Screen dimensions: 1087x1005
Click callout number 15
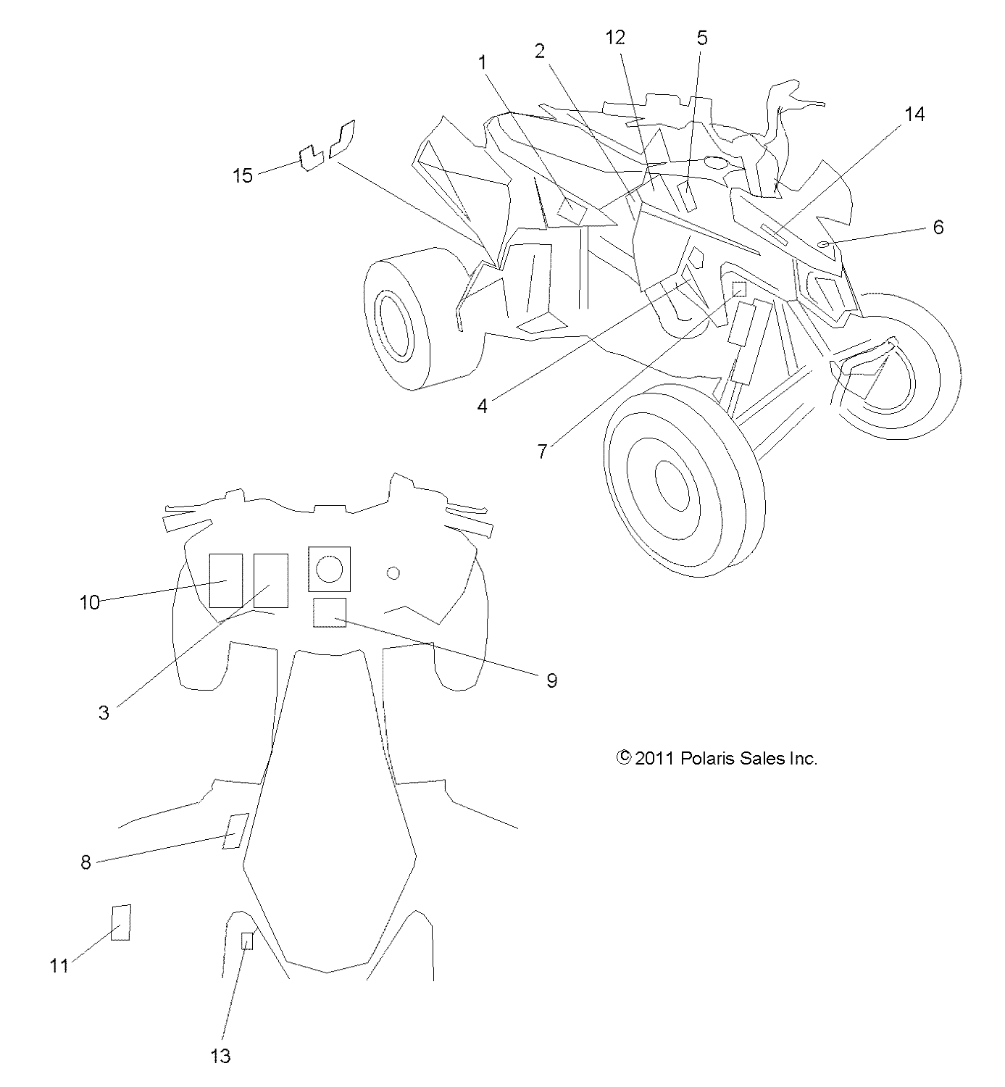point(243,175)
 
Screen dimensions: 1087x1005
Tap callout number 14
point(914,114)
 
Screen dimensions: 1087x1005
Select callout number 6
point(938,228)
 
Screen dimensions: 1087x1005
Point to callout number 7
point(542,451)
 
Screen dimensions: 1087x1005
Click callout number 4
point(483,406)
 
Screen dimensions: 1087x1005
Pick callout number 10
point(90,602)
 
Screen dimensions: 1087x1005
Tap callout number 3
point(104,712)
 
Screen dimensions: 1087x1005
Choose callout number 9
point(551,680)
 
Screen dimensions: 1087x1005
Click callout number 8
point(86,862)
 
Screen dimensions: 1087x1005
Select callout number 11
point(59,965)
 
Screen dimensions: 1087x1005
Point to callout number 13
point(220,1056)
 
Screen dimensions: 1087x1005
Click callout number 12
point(615,38)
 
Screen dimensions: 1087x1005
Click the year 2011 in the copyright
point(655,759)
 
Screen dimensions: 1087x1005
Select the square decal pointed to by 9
point(329,613)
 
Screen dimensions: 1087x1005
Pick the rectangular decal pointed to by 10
point(226,580)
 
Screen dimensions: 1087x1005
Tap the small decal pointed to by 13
point(247,941)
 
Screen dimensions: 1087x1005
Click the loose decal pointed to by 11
point(121,923)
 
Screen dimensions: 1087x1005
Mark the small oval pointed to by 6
point(823,244)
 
